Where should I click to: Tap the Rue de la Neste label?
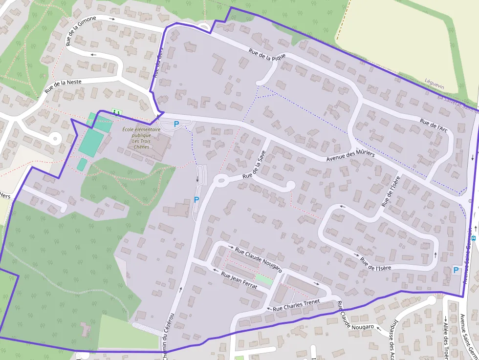[63, 86]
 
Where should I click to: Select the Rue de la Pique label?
[266, 58]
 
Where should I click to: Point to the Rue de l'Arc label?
[434, 125]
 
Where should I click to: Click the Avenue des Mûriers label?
[350, 157]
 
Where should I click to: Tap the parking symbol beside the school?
[176, 124]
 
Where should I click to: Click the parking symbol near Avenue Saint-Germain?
[456, 270]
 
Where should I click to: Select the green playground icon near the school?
[116, 112]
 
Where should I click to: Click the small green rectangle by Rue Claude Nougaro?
[264, 280]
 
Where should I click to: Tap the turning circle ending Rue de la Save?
[290, 185]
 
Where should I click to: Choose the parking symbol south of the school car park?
[196, 199]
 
